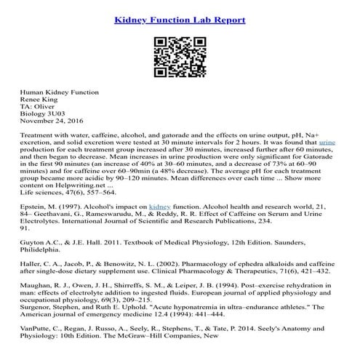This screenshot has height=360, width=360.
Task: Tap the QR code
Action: (x=180, y=55)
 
